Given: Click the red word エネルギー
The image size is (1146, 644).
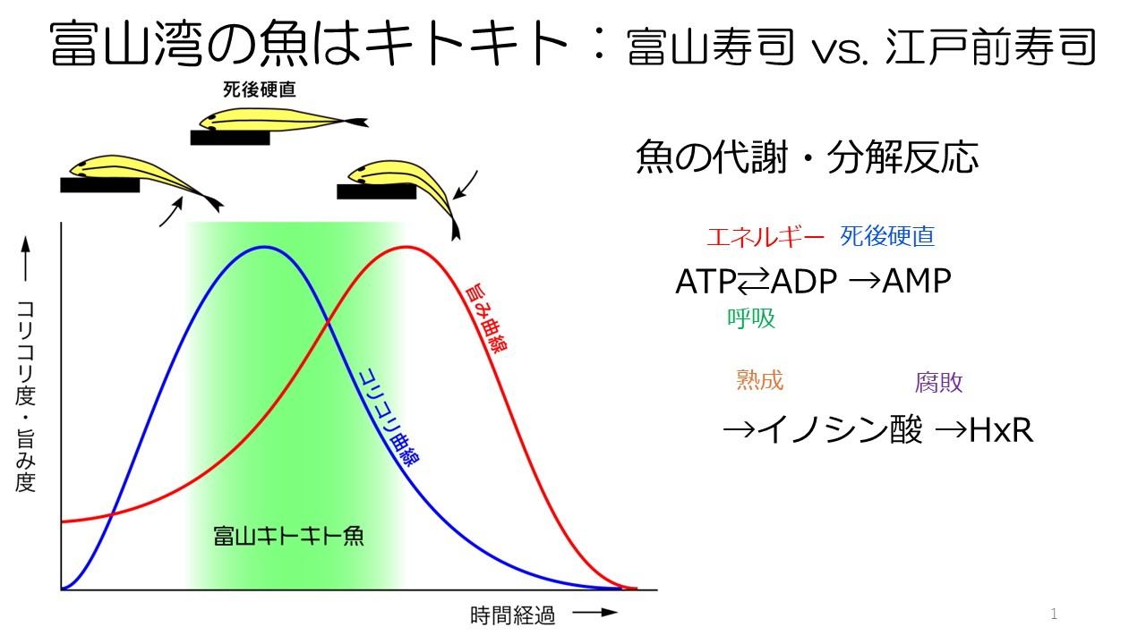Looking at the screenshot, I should tap(765, 237).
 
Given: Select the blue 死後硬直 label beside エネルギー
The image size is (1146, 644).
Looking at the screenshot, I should tap(887, 237).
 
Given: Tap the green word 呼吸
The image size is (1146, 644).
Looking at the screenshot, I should tap(750, 318).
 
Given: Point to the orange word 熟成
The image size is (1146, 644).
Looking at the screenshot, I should tap(759, 380).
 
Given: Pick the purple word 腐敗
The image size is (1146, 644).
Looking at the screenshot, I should tap(939, 383).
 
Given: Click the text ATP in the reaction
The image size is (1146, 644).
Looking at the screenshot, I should tap(706, 282).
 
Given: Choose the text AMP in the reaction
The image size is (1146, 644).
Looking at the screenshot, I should tap(917, 282).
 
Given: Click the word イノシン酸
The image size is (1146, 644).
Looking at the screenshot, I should tap(839, 431).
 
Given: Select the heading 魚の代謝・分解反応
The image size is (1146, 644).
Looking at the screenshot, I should tap(807, 157).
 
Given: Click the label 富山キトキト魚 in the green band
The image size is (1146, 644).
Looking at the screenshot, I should tap(289, 536).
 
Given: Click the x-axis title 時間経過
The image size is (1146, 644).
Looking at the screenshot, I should tap(512, 615).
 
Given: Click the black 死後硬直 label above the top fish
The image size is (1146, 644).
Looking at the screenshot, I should tap(260, 89).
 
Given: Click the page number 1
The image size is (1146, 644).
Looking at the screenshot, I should tap(1054, 614).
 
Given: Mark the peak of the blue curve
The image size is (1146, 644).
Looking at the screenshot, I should tap(263, 247).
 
